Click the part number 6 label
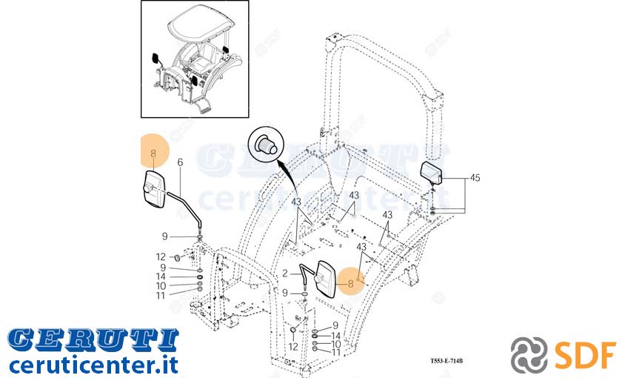tap(180, 162)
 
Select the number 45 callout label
tap(475, 178)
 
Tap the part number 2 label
tap(285, 273)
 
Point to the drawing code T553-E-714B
tap(447, 361)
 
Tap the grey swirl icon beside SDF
tap(529, 355)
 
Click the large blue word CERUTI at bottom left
tap(93, 340)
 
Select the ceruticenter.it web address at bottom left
tap(93, 365)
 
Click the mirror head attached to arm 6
tap(153, 189)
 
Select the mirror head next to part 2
tap(325, 279)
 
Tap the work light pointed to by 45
tap(431, 172)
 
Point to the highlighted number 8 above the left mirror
tap(153, 153)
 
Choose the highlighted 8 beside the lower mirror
tap(350, 283)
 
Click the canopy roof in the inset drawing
tap(199, 24)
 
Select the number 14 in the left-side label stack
tap(161, 276)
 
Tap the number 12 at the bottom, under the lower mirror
tap(293, 347)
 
